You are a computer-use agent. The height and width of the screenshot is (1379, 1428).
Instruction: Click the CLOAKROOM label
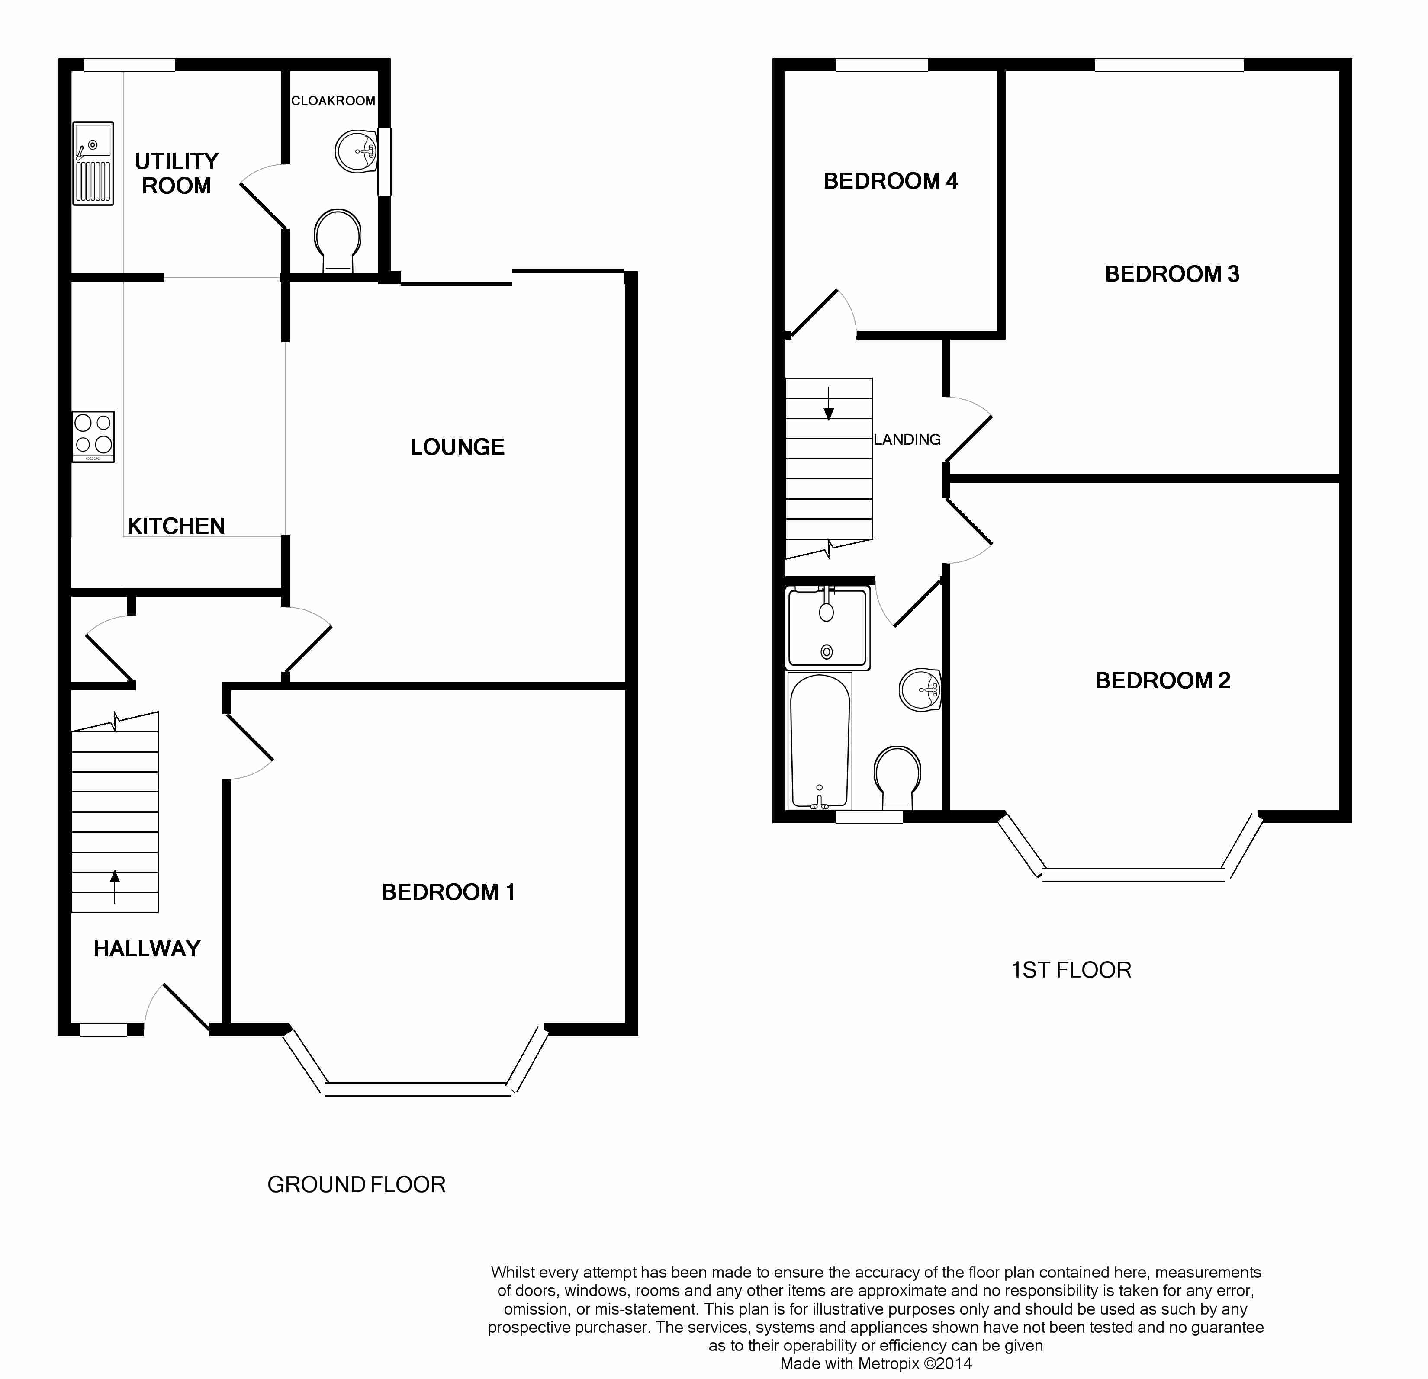pos(333,100)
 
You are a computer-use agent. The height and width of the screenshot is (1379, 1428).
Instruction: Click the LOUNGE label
pos(457,446)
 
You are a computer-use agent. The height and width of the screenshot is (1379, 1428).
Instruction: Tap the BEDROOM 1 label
pos(448,892)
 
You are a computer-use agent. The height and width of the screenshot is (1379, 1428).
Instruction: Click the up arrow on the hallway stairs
pos(114,885)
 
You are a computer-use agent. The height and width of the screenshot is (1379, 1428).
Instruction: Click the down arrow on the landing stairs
pos(828,405)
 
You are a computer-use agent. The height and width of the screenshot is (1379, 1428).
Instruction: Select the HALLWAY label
pos(146,949)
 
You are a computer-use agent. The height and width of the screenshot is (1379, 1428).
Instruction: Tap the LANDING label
pos(907,439)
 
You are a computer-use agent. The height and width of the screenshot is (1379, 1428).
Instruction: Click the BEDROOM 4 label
pos(890,181)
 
